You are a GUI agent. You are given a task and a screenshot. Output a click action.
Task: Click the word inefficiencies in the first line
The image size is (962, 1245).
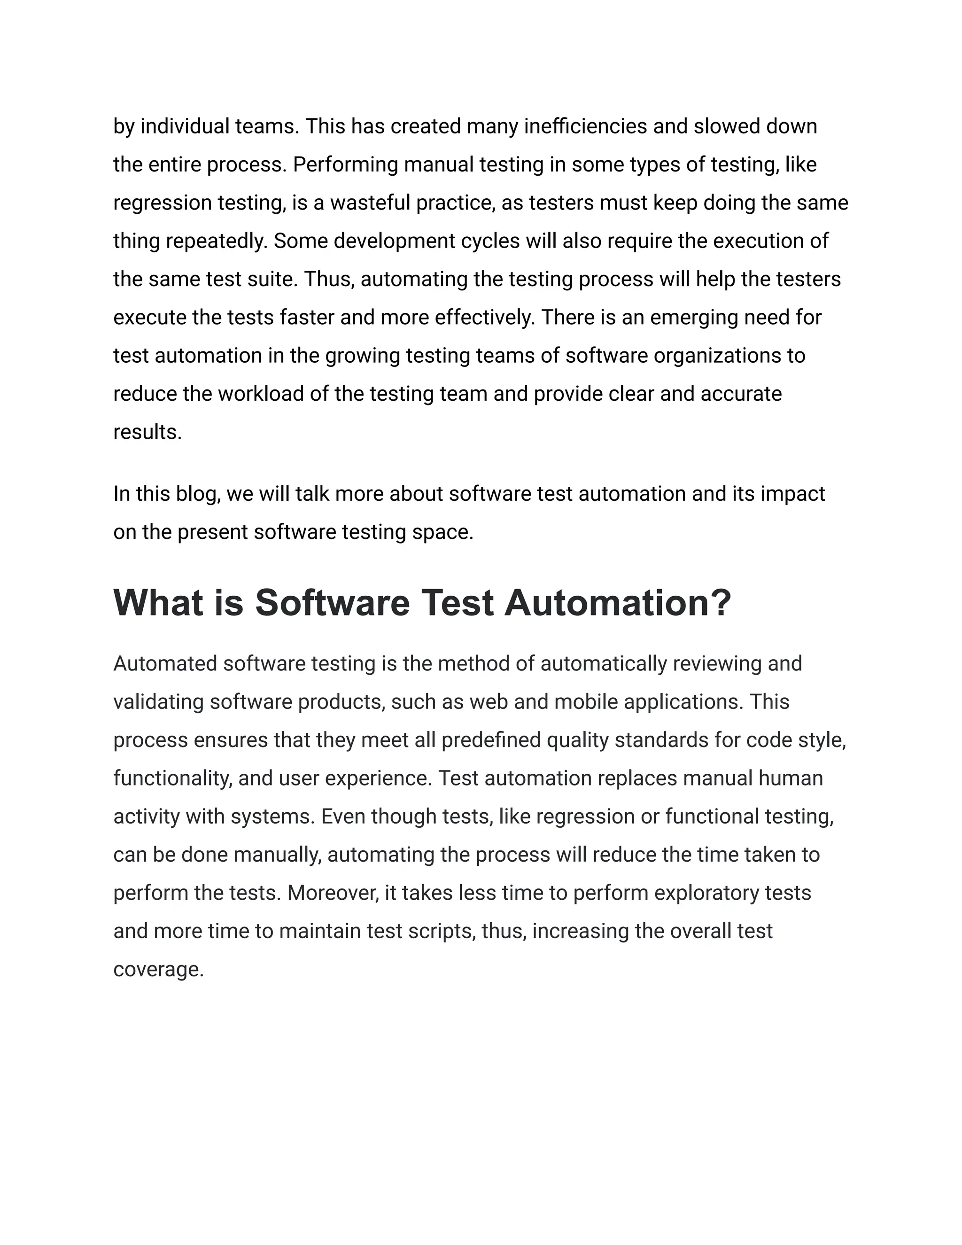(x=585, y=126)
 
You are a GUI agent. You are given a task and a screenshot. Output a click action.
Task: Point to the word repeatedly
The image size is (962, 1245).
(x=217, y=241)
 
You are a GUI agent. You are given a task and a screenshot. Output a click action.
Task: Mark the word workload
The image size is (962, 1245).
(x=260, y=394)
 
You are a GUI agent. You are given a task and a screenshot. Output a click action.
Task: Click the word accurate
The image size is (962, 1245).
(x=741, y=394)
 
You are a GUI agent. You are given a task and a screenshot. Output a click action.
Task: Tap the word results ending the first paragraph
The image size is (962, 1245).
(x=147, y=432)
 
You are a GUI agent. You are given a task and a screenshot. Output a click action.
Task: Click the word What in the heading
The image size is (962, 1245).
(x=158, y=603)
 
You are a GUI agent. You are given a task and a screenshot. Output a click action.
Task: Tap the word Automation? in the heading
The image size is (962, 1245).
(x=617, y=603)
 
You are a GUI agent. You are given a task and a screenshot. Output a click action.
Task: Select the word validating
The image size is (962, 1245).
(x=158, y=702)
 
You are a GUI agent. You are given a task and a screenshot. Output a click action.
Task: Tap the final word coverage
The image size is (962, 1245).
(x=158, y=969)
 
